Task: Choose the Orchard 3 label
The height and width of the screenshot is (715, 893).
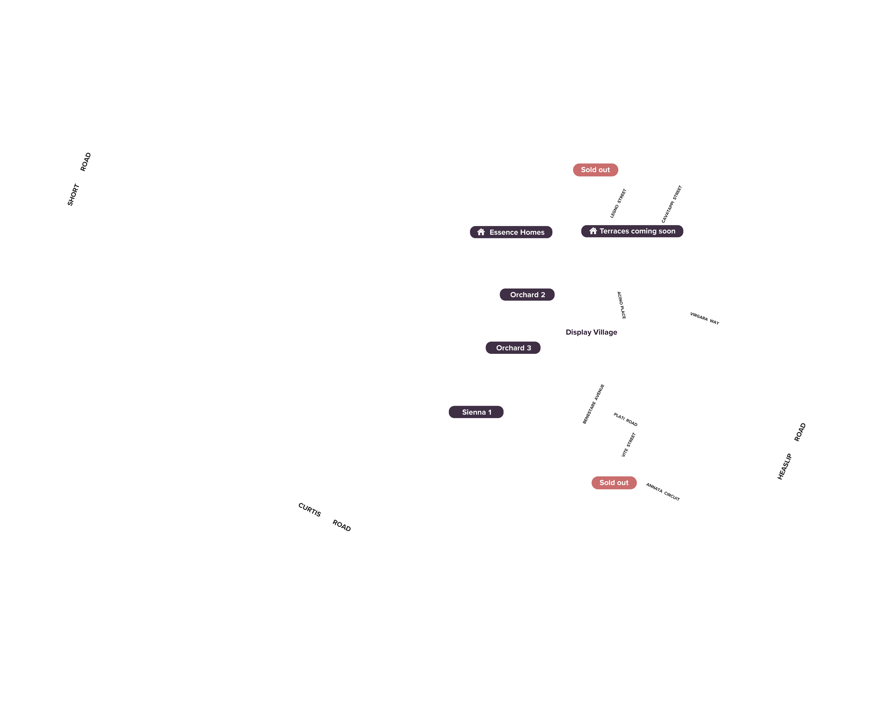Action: pos(513,348)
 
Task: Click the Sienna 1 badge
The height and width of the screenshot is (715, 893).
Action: pos(476,412)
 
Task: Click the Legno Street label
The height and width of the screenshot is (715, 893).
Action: pos(618,204)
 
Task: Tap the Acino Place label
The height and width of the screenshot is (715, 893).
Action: pos(621,305)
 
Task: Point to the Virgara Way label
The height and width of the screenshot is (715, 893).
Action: pos(705,318)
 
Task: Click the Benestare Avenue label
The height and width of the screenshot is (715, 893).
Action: pos(593,404)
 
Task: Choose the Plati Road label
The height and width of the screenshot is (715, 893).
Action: pos(625,420)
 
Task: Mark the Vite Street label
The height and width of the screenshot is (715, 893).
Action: pos(629,445)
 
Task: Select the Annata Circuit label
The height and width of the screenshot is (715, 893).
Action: pos(663,492)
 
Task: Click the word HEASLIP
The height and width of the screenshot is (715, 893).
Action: pos(784,467)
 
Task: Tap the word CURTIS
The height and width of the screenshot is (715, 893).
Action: pos(309,510)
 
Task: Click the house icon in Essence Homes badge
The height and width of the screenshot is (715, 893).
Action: pos(481,232)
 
